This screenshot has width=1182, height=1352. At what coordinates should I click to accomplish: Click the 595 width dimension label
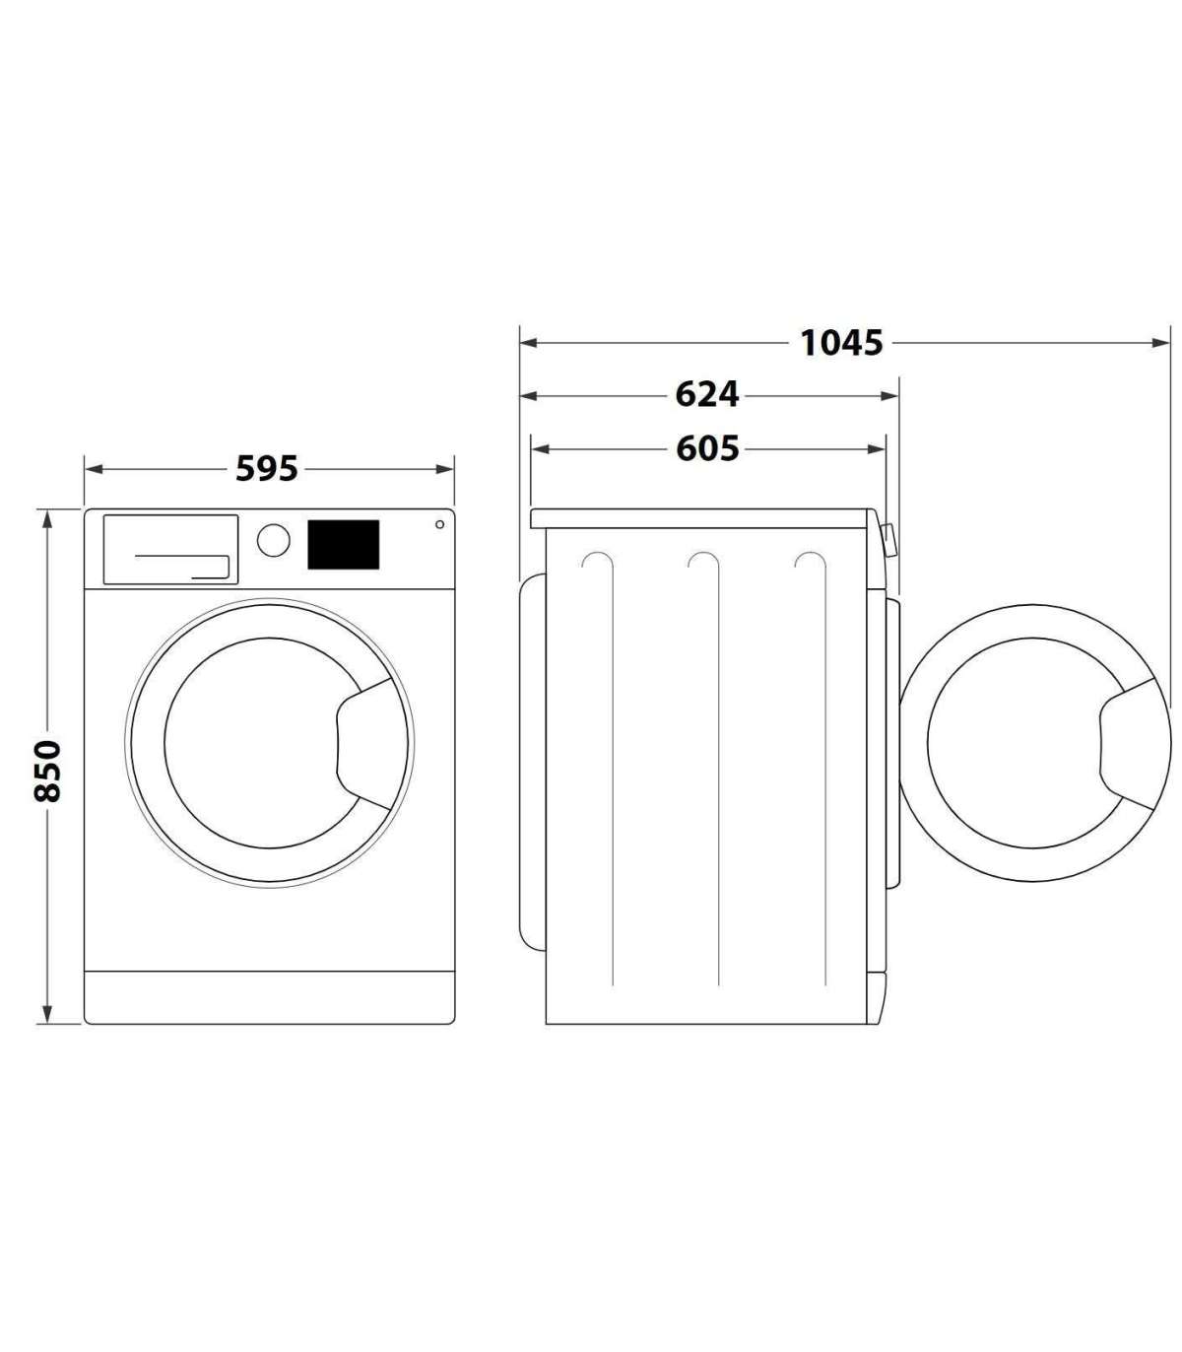point(267,469)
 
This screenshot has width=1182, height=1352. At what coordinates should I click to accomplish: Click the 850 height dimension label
point(47,772)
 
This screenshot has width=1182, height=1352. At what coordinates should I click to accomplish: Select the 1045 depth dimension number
point(841,343)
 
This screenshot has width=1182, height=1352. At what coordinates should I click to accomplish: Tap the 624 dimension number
point(706,395)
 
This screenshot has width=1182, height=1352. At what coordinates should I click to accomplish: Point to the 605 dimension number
point(707,448)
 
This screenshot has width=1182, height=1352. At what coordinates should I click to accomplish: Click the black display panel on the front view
point(344,545)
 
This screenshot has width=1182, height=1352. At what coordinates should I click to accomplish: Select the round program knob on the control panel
point(274,541)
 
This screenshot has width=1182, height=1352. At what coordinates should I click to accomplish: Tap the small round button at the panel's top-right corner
point(439,524)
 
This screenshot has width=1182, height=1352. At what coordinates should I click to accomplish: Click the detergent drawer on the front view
point(170,550)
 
